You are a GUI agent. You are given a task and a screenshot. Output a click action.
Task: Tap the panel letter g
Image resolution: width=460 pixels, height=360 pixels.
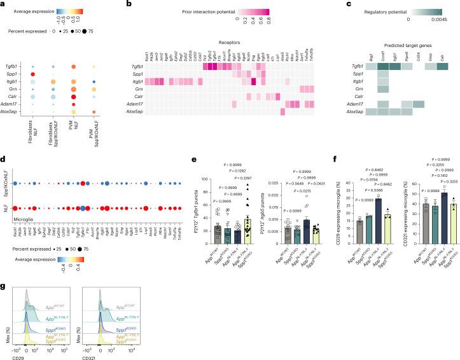3,271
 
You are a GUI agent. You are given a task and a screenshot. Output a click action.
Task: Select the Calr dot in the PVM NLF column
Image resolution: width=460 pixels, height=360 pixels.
93,97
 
